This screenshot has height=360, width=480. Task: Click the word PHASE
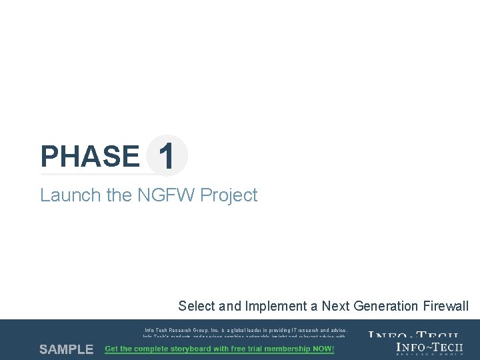coord(89,157)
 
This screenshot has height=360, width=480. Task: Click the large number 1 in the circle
coord(167,157)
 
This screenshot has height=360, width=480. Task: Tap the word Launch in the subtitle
coord(63,195)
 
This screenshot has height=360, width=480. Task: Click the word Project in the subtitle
coord(229,195)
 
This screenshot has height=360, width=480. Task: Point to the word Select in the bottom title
coord(197,306)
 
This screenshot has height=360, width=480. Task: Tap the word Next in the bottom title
coord(335,306)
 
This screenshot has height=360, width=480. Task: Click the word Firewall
coord(446,306)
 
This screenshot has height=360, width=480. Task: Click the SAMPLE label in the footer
coord(66,349)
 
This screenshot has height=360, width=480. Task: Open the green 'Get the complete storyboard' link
coord(219,349)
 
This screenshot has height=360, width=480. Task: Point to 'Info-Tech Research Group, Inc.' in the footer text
coord(187,330)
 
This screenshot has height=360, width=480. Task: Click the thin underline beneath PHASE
coord(100,175)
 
